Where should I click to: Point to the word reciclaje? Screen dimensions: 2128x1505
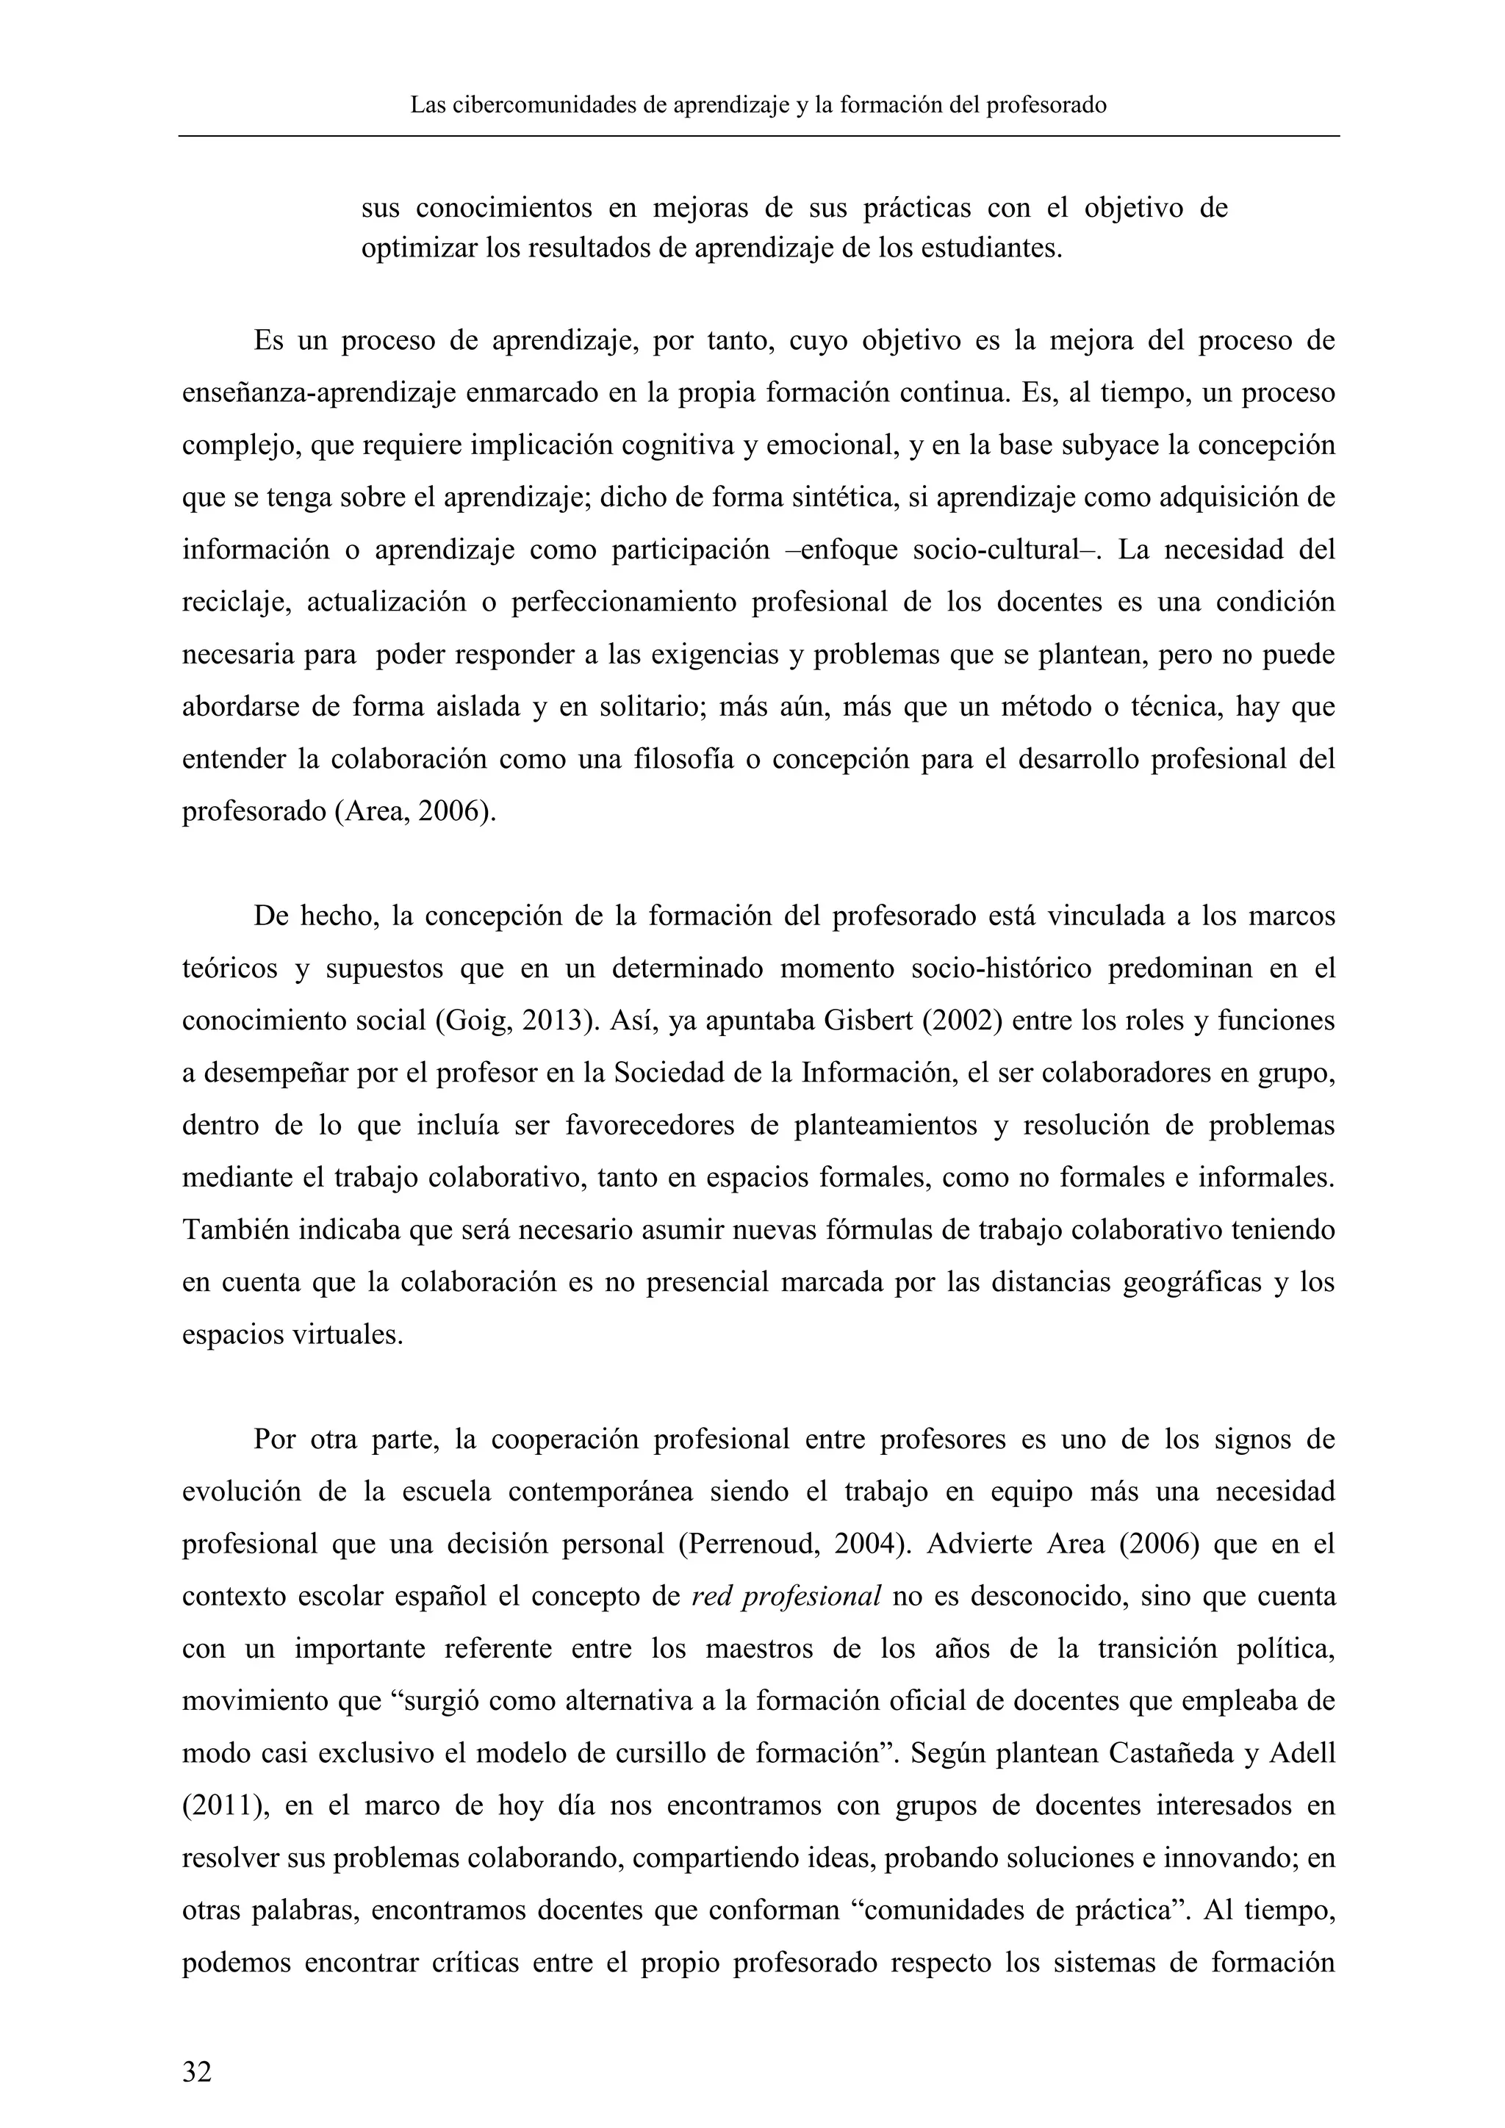click(237, 603)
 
